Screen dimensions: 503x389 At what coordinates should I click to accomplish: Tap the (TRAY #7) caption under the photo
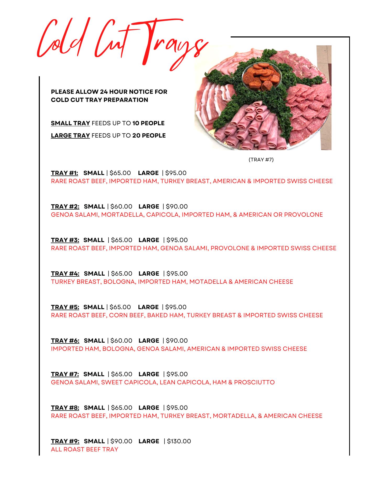[x=261, y=160]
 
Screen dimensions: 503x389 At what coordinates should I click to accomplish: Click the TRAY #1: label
[x=64, y=173]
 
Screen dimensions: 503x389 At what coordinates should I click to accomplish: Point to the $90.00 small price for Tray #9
[x=121, y=441]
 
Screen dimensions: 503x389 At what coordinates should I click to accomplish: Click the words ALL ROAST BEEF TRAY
[x=84, y=449]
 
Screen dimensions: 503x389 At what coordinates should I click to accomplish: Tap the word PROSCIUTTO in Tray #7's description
[x=254, y=382]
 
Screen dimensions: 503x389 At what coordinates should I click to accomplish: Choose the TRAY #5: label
[x=65, y=307]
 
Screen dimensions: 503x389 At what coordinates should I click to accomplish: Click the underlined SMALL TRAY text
[x=70, y=123]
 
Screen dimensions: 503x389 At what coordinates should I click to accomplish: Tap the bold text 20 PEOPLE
[x=149, y=135]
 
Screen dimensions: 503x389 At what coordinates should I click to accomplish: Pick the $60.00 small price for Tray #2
[x=121, y=206]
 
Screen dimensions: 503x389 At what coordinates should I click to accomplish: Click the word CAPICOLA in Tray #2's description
[x=163, y=215]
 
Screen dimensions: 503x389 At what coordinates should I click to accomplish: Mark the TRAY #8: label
[x=65, y=408]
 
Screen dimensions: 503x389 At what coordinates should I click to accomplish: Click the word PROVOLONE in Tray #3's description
[x=230, y=248]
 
